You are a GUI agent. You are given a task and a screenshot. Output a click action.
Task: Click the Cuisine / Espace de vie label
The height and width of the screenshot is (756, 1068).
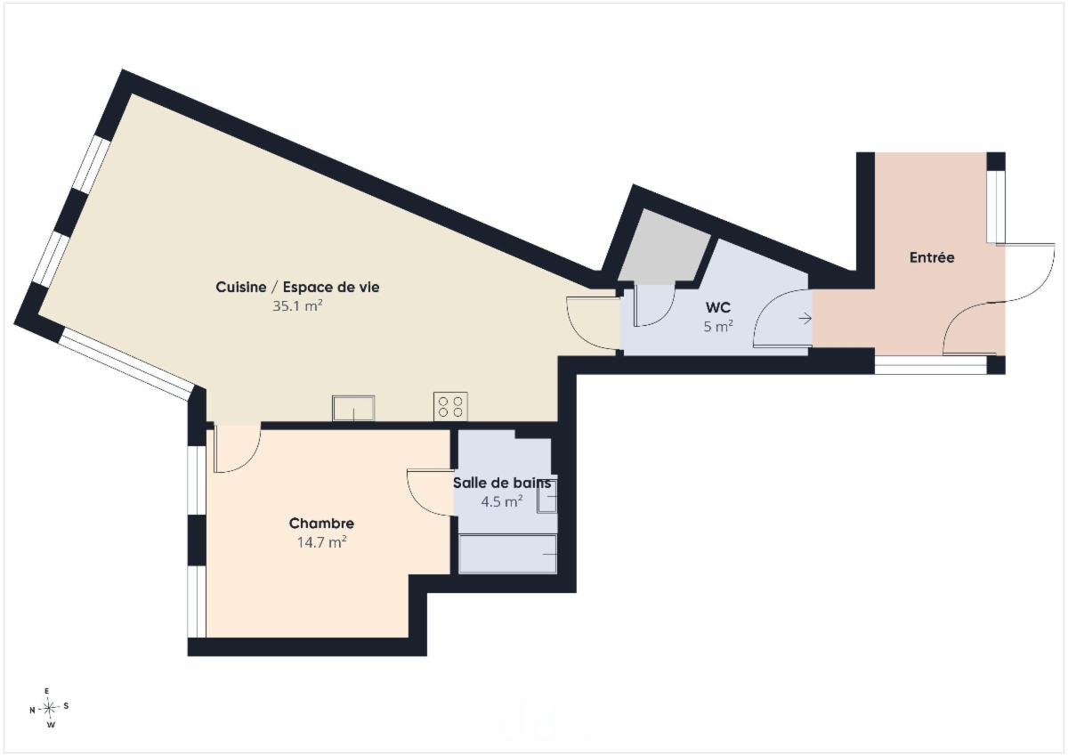(x=297, y=287)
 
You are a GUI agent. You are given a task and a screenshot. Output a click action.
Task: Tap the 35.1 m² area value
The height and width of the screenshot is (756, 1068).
(x=297, y=305)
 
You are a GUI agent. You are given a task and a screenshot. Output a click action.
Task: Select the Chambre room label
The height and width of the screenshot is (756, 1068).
(x=321, y=524)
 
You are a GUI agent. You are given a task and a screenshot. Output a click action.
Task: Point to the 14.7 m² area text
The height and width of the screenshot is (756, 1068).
(x=322, y=542)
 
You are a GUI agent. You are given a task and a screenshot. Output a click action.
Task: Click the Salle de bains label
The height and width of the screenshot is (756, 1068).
(x=502, y=484)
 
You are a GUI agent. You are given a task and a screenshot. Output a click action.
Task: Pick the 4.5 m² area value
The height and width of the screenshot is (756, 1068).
(x=502, y=501)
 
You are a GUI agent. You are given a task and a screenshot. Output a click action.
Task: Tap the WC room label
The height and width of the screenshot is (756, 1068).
(x=718, y=307)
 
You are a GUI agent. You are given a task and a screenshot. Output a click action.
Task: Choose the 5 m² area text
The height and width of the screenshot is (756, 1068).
(x=718, y=326)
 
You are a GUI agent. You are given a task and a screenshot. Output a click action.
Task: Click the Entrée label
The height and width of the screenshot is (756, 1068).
(x=932, y=257)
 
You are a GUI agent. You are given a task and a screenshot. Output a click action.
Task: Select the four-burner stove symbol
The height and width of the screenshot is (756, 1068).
(x=450, y=406)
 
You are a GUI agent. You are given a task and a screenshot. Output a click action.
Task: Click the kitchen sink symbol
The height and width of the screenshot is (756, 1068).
(x=353, y=409)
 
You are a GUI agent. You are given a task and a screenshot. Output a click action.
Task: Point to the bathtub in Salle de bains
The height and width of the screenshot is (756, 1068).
(x=508, y=554)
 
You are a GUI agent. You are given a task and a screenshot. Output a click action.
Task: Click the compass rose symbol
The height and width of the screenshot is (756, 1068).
(x=49, y=708)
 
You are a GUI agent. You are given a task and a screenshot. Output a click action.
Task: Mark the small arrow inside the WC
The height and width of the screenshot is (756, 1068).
(x=805, y=318)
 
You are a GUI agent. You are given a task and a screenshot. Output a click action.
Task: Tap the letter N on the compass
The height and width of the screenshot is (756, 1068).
(x=32, y=710)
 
